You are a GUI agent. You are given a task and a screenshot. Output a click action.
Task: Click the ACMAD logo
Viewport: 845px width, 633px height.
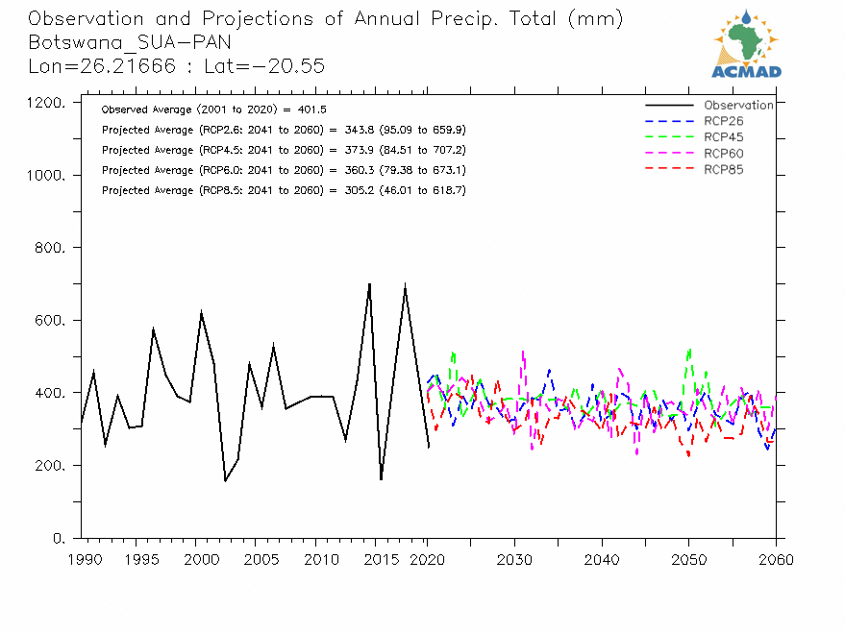[x=746, y=43]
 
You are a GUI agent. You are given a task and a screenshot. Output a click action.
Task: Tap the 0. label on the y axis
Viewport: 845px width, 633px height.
[x=59, y=538]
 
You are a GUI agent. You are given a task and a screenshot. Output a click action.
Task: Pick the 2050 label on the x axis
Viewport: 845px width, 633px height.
[x=688, y=559]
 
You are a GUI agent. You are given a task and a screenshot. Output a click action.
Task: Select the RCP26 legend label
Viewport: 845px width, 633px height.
[x=723, y=121]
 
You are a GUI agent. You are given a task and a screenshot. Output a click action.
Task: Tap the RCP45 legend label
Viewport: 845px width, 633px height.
[x=723, y=137]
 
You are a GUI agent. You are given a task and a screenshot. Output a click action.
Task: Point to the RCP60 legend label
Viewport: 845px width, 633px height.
[x=723, y=154]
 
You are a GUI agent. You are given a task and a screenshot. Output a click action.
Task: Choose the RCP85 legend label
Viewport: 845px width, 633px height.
[x=723, y=170]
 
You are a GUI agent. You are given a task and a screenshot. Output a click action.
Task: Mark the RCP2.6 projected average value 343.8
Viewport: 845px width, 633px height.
[x=347, y=130]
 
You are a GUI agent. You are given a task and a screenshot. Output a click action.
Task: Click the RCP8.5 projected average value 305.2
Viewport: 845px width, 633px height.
[x=347, y=190]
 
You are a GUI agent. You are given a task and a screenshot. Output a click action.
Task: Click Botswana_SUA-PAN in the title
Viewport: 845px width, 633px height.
[x=130, y=42]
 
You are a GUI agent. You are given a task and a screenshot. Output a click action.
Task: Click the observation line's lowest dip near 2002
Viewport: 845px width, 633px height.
[x=225, y=480]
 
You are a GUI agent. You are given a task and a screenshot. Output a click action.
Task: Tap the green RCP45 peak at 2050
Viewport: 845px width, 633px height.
[x=689, y=349]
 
